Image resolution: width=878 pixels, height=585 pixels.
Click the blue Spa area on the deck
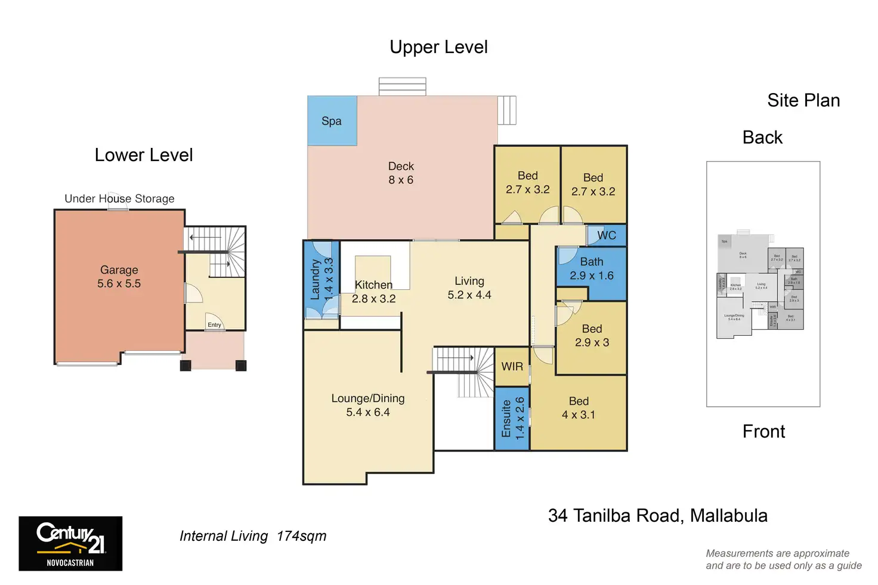(332, 121)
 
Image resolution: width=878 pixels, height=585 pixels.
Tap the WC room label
(606, 236)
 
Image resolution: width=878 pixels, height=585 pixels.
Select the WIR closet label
(512, 367)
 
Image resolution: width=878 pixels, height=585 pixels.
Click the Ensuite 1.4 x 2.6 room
(512, 418)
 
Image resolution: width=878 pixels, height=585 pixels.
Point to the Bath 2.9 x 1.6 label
(591, 269)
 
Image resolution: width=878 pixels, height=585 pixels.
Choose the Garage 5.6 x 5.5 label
(119, 277)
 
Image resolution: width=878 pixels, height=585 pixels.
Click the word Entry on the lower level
(214, 325)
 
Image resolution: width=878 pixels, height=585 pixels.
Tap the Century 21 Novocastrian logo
(70, 544)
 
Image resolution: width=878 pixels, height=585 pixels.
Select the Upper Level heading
(438, 47)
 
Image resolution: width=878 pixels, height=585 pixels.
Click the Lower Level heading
(144, 155)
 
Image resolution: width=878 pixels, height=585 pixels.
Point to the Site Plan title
(803, 100)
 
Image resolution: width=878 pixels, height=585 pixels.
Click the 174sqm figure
(301, 536)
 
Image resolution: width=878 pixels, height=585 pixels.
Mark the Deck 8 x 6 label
(401, 173)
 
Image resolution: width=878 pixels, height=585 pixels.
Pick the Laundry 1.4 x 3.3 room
(321, 279)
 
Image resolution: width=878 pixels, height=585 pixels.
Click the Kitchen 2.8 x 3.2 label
(373, 292)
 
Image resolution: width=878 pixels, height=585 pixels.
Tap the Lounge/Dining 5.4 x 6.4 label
(368, 406)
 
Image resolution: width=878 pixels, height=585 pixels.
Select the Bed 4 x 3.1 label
(578, 408)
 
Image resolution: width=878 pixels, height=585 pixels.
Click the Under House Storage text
(119, 199)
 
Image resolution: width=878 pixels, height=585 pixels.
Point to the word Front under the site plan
(763, 431)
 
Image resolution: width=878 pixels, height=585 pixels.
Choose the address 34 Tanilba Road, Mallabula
(657, 516)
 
